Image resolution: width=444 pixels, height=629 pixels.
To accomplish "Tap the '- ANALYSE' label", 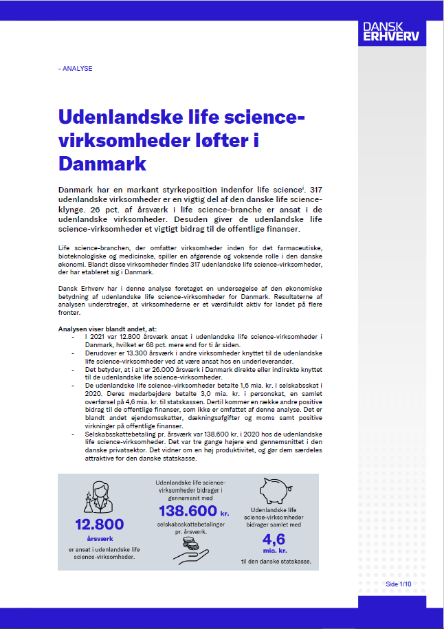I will pos(76,69).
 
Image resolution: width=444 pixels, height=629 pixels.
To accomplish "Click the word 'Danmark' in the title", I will pos(102,164).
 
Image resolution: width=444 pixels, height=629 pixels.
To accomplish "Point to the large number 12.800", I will pos(100,524).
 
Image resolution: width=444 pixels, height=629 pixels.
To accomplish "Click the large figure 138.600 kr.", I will pos(188,511).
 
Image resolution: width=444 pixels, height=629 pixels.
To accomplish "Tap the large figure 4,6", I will pos(273,539).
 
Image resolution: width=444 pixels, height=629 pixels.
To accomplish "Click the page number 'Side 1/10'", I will pos(398,584).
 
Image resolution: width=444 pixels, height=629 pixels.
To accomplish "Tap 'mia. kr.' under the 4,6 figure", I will pos(273,551).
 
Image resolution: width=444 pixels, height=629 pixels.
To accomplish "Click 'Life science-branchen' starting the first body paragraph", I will pos(93,246).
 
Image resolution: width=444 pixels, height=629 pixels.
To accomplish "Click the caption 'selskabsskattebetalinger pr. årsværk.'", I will pos(189,528).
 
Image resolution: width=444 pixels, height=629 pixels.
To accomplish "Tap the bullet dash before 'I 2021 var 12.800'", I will pos(74,336).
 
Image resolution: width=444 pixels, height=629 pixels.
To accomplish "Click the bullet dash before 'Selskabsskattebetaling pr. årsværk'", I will pos(74,435).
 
